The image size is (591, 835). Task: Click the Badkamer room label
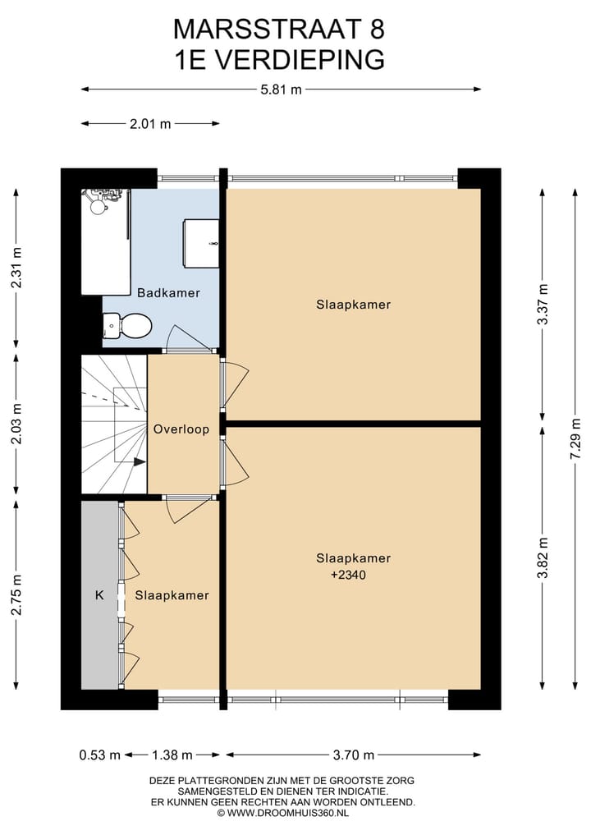(x=168, y=292)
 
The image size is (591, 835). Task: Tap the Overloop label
(x=181, y=429)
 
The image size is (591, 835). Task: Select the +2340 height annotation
(x=348, y=575)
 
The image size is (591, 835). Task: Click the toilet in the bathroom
(x=127, y=325)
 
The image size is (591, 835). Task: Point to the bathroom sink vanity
(x=201, y=243)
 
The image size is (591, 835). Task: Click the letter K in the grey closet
(x=99, y=594)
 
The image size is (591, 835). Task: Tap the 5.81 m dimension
(x=281, y=89)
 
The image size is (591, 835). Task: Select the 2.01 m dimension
(x=150, y=123)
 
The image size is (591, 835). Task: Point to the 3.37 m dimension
(x=543, y=304)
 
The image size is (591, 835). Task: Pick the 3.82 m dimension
(x=543, y=557)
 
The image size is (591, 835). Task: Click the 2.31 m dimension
(x=16, y=268)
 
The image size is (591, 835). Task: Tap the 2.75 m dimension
(x=16, y=594)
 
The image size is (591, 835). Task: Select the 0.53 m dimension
(x=100, y=755)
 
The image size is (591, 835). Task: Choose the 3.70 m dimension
(x=354, y=755)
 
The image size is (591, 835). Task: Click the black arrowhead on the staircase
(x=140, y=462)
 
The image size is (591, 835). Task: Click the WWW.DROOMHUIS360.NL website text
(x=287, y=813)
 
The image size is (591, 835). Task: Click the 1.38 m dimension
(x=172, y=755)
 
